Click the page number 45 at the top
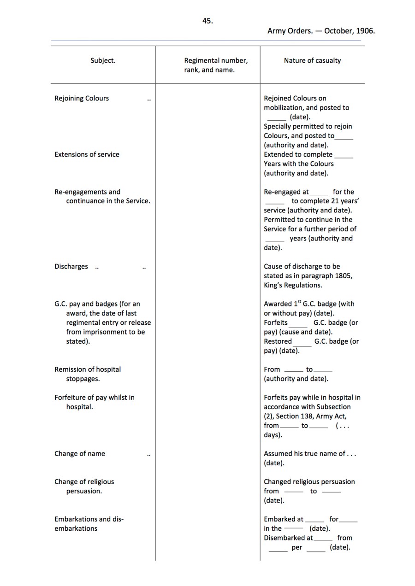207,21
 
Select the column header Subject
103,60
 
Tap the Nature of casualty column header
312,60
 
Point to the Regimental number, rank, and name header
216,65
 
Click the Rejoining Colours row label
82,98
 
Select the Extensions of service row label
87,154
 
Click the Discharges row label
71,266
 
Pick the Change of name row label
80,453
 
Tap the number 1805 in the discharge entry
344,276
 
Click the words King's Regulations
293,285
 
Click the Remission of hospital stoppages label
88,374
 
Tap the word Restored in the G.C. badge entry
278,341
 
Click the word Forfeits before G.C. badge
276,322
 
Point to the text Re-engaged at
286,192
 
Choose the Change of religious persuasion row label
84,486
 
